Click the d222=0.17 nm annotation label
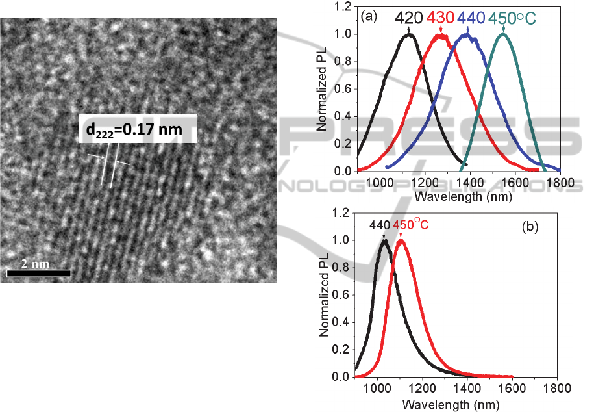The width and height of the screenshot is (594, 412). click(137, 133)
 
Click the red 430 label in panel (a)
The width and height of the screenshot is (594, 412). click(441, 18)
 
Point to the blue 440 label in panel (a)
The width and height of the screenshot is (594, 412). click(471, 18)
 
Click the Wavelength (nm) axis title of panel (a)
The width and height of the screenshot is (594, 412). click(458, 196)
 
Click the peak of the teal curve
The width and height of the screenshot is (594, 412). click(502, 34)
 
